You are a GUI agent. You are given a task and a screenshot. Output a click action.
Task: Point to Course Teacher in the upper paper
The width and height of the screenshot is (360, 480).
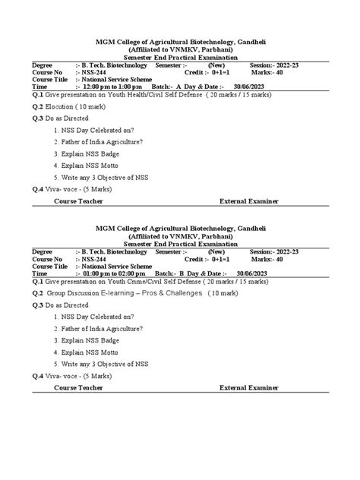pos(79,201)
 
